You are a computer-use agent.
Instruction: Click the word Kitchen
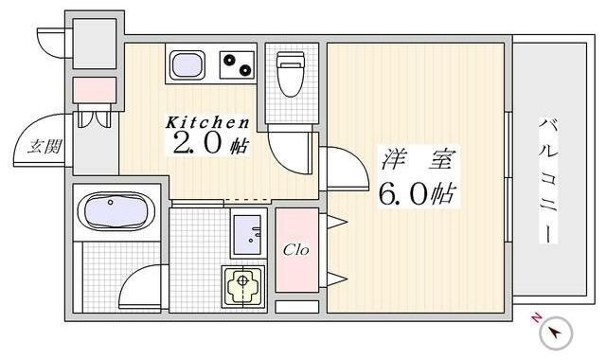208,122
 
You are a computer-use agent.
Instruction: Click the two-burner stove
238,65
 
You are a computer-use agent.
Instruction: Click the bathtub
112,211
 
